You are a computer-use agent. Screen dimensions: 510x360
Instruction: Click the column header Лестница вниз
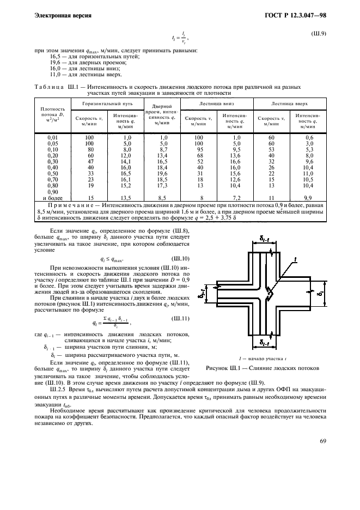pyautogui.click(x=216, y=102)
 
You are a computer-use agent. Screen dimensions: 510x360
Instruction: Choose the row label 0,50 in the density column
pyautogui.click(x=53, y=173)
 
